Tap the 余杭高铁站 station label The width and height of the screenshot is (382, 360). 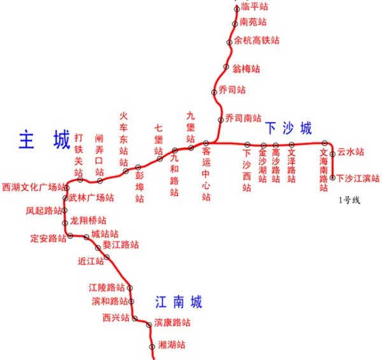coord(256,40)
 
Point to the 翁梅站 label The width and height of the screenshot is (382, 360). coord(246,68)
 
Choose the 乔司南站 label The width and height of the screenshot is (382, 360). coord(243,119)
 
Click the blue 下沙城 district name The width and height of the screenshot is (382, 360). coord(288,129)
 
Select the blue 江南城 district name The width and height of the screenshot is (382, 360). coord(178,302)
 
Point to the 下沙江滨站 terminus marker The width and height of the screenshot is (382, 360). coord(332,178)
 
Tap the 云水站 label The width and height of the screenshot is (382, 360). coord(350,152)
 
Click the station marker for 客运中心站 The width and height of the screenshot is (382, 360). coord(206,143)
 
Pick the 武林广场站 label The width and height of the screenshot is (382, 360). coord(92,198)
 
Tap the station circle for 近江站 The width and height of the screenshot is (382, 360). coord(107,257)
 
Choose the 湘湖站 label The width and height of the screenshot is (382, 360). coord(171,345)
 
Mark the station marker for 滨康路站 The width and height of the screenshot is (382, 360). coord(149,325)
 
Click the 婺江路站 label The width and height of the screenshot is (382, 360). coord(121,245)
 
